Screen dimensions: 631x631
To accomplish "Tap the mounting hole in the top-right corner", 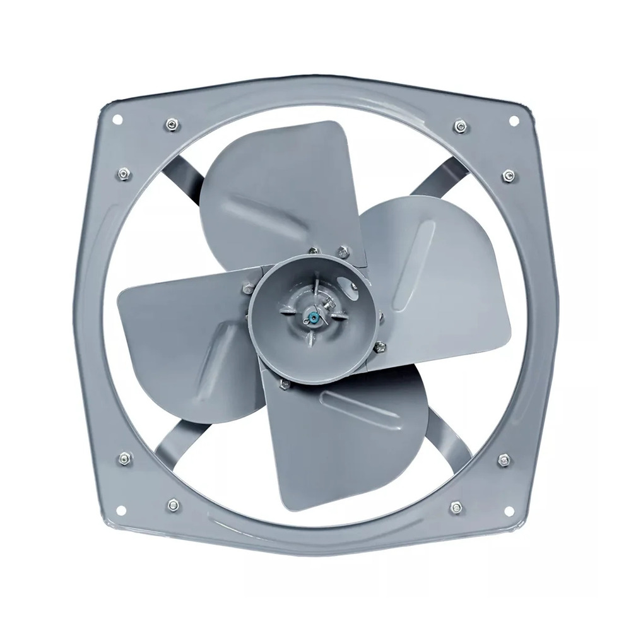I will coord(513,120).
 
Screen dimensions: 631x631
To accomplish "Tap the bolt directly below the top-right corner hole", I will coord(509,174).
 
